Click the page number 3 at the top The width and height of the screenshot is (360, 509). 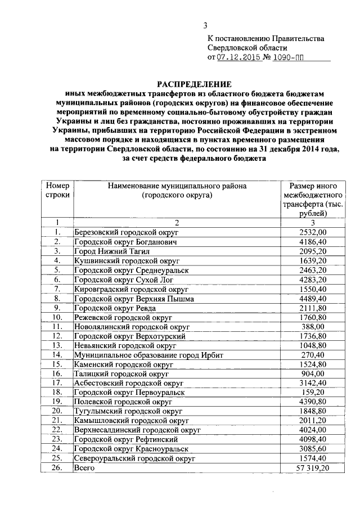click(205, 25)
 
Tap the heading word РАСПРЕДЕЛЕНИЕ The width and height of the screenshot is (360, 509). click(194, 83)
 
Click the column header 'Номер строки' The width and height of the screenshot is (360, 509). click(57, 190)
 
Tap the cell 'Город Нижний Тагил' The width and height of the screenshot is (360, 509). click(109, 251)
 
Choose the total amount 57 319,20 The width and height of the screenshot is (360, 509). click(312, 468)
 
